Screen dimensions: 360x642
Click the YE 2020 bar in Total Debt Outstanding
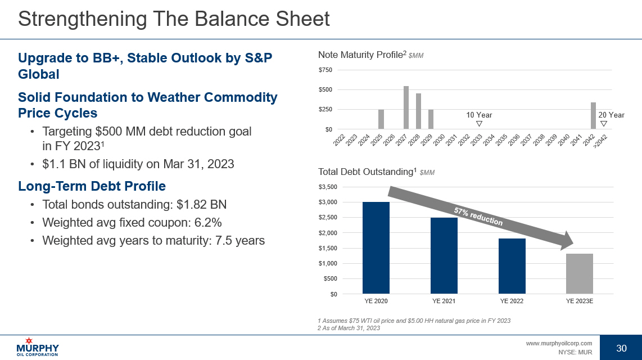coord(376,247)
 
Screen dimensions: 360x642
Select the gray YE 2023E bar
coord(579,273)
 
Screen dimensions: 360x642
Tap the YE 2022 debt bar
coord(512,266)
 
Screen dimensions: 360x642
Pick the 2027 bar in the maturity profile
coord(406,107)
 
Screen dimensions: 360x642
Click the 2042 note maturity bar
coord(593,116)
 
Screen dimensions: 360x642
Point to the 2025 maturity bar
coord(381,119)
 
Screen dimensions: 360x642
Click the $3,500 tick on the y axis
coord(328,187)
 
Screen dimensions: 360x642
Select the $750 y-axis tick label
coord(325,70)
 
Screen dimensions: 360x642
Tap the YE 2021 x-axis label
coord(444,301)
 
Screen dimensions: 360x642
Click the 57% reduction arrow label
coord(478,216)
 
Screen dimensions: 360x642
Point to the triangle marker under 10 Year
coord(478,124)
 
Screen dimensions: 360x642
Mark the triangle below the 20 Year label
coord(604,124)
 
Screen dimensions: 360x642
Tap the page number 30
coord(621,348)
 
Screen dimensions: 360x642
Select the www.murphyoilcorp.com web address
coord(559,343)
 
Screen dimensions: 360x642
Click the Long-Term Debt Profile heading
coord(92,186)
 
